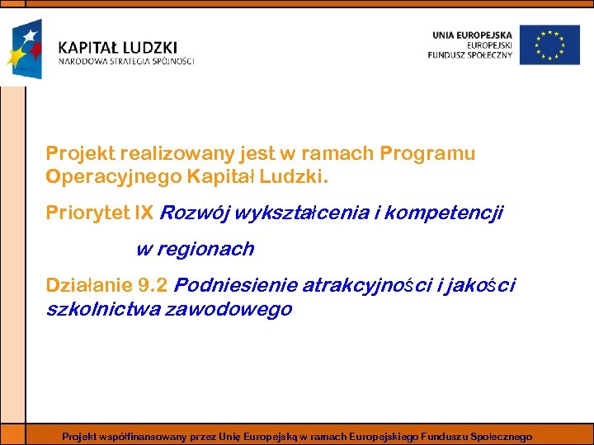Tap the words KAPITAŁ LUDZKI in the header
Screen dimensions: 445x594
point(117,48)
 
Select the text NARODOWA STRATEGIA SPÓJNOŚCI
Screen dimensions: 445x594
point(125,61)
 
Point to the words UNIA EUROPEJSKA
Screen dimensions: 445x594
point(472,34)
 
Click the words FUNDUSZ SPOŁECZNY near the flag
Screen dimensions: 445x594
point(470,55)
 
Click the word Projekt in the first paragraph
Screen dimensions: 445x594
point(80,153)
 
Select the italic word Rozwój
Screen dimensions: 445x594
point(195,213)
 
